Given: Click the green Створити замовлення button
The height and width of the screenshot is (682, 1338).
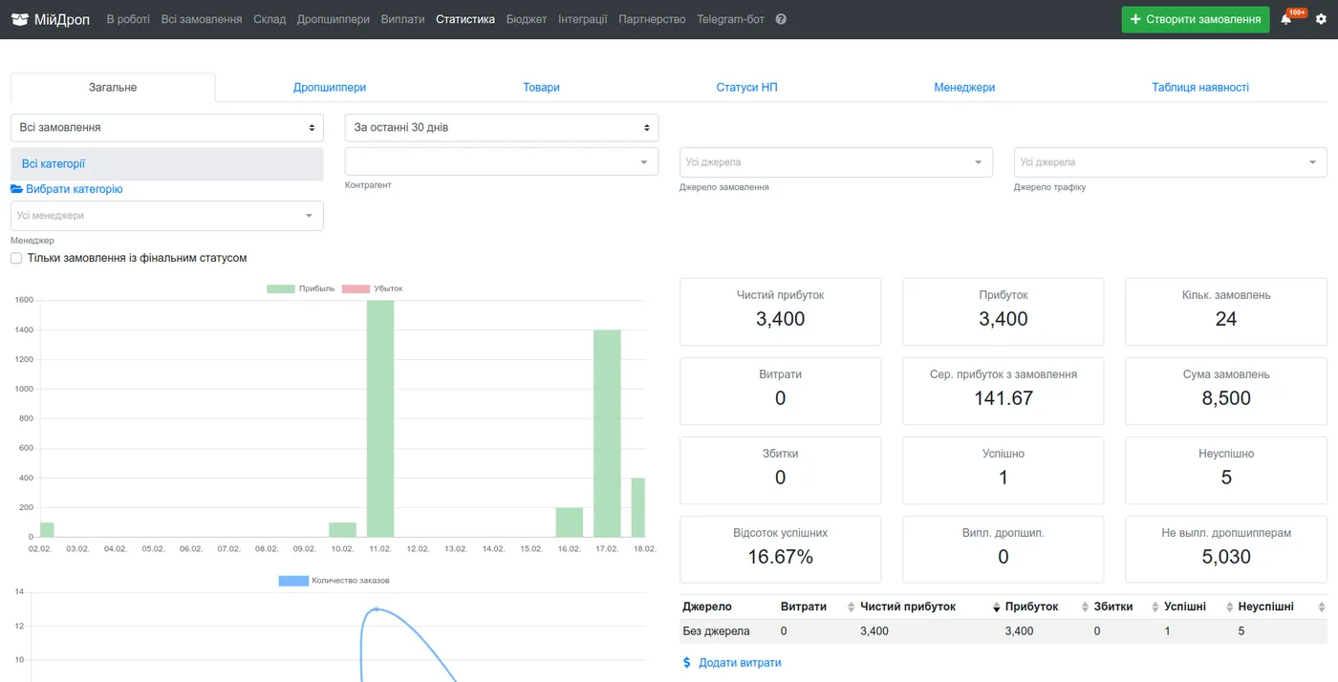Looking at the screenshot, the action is (x=1196, y=19).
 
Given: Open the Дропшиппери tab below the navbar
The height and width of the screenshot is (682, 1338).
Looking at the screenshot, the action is (x=329, y=87).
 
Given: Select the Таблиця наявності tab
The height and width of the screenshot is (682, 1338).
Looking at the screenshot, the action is (x=1200, y=87).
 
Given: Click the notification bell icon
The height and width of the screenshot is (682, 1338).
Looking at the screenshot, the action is (x=1286, y=19).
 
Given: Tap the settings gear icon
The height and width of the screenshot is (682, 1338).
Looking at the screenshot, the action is (x=1321, y=19).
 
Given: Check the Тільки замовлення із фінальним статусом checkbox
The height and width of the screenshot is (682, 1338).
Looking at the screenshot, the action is (x=16, y=258).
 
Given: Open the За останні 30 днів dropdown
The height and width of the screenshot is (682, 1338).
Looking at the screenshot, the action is (x=501, y=127).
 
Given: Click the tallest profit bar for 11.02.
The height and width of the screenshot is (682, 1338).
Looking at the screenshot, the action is (x=380, y=418).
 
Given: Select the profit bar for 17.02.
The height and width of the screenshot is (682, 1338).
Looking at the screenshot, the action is (x=607, y=433).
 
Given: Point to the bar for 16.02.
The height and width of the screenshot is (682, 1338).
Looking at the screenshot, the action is (x=570, y=522).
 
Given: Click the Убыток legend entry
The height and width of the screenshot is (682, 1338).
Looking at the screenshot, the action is (x=372, y=288).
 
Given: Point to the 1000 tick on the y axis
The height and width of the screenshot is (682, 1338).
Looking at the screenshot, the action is (x=25, y=389).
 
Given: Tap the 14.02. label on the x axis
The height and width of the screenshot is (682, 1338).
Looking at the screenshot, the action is (x=493, y=549).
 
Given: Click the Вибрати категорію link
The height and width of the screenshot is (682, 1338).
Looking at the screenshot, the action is (x=67, y=189).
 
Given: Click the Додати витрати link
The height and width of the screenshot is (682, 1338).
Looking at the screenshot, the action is (x=732, y=662).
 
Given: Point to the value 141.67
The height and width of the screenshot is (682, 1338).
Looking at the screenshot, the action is (x=1003, y=397).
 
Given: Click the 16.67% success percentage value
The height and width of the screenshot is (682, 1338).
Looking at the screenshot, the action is (x=780, y=557).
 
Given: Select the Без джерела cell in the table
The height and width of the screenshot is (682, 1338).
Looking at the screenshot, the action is (x=716, y=630).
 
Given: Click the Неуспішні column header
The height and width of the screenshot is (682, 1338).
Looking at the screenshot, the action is (x=1265, y=607).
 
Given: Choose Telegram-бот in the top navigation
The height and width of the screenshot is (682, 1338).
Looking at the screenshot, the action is (x=730, y=19).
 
